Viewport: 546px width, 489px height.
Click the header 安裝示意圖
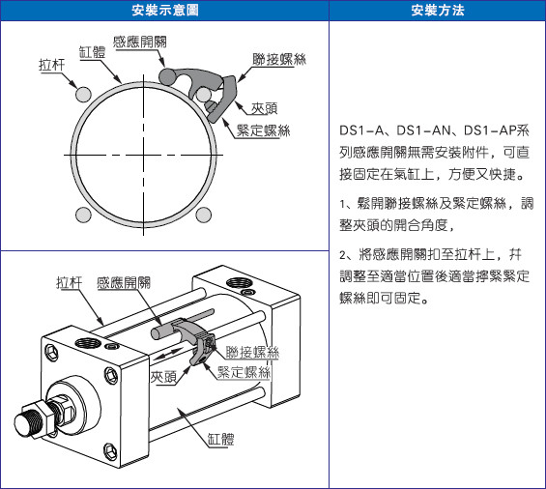(165, 10)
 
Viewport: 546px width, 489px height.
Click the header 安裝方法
(438, 10)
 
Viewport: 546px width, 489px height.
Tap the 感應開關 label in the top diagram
(139, 42)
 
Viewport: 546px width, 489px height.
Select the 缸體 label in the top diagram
(92, 52)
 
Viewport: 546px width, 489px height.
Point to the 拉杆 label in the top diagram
(52, 65)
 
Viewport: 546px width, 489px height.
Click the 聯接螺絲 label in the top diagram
(279, 59)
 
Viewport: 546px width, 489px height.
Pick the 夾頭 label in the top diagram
(264, 108)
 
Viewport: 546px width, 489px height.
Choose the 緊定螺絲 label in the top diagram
(263, 130)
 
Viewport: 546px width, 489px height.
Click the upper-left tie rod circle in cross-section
(83, 95)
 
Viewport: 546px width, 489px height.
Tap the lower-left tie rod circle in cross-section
(83, 215)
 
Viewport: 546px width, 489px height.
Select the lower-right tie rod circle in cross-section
(203, 215)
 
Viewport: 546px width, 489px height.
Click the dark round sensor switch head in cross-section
(167, 77)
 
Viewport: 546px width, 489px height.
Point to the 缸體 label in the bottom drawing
(220, 439)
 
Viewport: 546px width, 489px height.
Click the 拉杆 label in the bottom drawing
(70, 282)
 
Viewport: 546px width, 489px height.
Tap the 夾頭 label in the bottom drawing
(163, 377)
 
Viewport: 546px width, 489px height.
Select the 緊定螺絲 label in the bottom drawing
(244, 372)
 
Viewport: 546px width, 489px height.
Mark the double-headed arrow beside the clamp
(168, 354)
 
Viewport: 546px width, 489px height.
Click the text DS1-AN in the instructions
(423, 130)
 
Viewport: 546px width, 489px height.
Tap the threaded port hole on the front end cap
(87, 343)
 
